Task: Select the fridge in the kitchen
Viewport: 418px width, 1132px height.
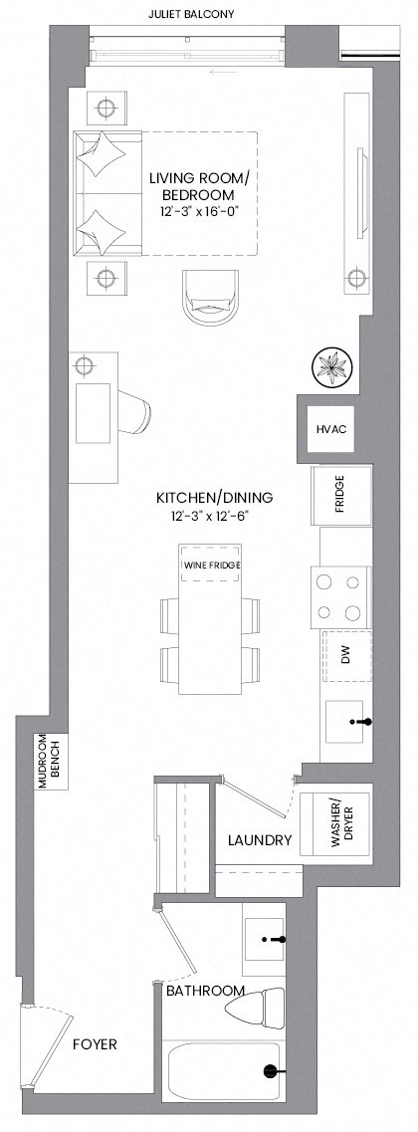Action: pos(341,494)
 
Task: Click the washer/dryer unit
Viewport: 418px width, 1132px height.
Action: pos(335,822)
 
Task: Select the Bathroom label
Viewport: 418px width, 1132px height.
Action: pos(205,992)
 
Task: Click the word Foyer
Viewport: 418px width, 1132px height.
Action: pos(95,1044)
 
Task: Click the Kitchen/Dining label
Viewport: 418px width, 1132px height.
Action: pos(213,497)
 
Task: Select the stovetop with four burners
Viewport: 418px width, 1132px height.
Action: pos(341,596)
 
